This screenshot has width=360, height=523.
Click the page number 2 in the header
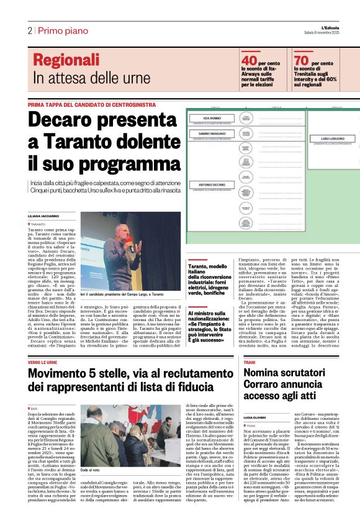[29, 30]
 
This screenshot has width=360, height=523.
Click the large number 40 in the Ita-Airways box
[249, 60]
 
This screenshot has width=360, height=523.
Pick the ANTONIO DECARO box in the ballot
[212, 185]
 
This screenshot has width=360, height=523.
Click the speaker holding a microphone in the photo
[122, 247]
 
